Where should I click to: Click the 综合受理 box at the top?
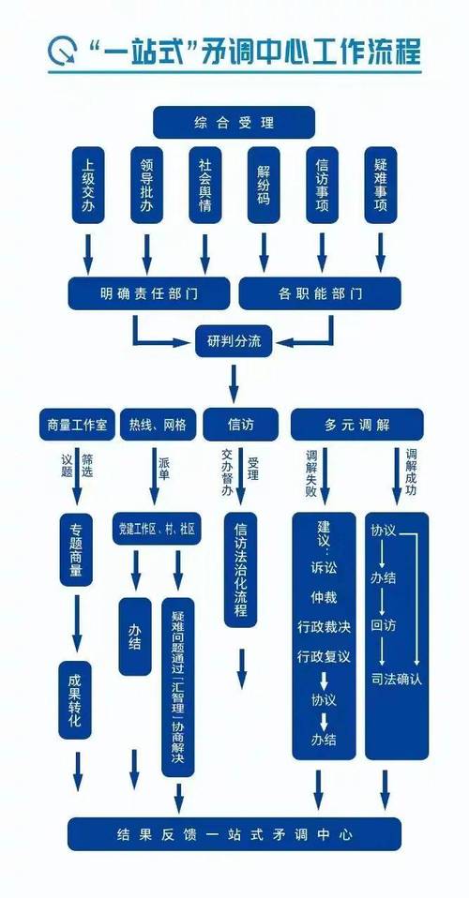click(x=234, y=123)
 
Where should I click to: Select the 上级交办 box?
click(x=87, y=184)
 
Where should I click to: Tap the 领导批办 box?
click(x=145, y=184)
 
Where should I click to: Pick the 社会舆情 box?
click(x=204, y=184)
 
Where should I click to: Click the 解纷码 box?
click(x=264, y=184)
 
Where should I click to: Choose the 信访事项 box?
click(x=322, y=184)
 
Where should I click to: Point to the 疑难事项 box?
click(x=380, y=184)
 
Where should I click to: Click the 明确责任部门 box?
click(x=148, y=293)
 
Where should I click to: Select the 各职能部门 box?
click(x=321, y=293)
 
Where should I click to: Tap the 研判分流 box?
click(x=234, y=341)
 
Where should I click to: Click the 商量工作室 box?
click(x=76, y=425)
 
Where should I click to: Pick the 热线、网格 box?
click(x=158, y=425)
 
